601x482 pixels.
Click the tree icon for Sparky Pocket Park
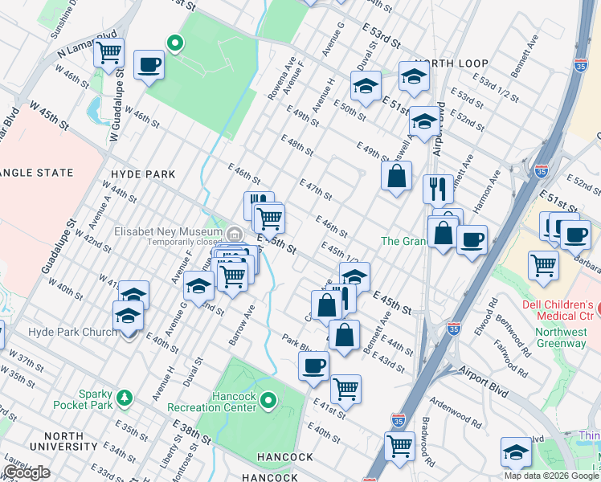pyautogui.click(x=124, y=398)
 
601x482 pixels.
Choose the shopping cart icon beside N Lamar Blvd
pyautogui.click(x=108, y=53)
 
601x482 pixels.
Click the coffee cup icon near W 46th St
pyautogui.click(x=149, y=63)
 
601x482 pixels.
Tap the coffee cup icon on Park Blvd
pyautogui.click(x=313, y=366)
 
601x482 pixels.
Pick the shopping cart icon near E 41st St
pyautogui.click(x=345, y=388)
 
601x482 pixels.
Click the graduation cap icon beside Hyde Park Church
pyautogui.click(x=128, y=316)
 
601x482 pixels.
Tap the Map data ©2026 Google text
pyautogui.click(x=551, y=476)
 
